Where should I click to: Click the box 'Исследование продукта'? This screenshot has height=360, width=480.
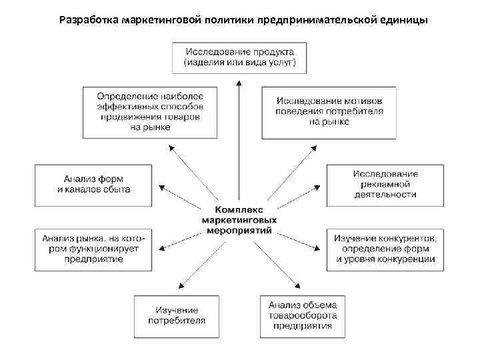tap(240, 58)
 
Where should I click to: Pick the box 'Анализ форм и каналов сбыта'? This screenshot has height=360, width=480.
tap(94, 184)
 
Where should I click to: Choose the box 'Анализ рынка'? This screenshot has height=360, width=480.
tap(94, 248)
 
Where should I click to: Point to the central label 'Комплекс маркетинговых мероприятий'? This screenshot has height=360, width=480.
tap(240, 219)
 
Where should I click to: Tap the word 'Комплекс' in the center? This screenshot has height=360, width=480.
tap(240, 209)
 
